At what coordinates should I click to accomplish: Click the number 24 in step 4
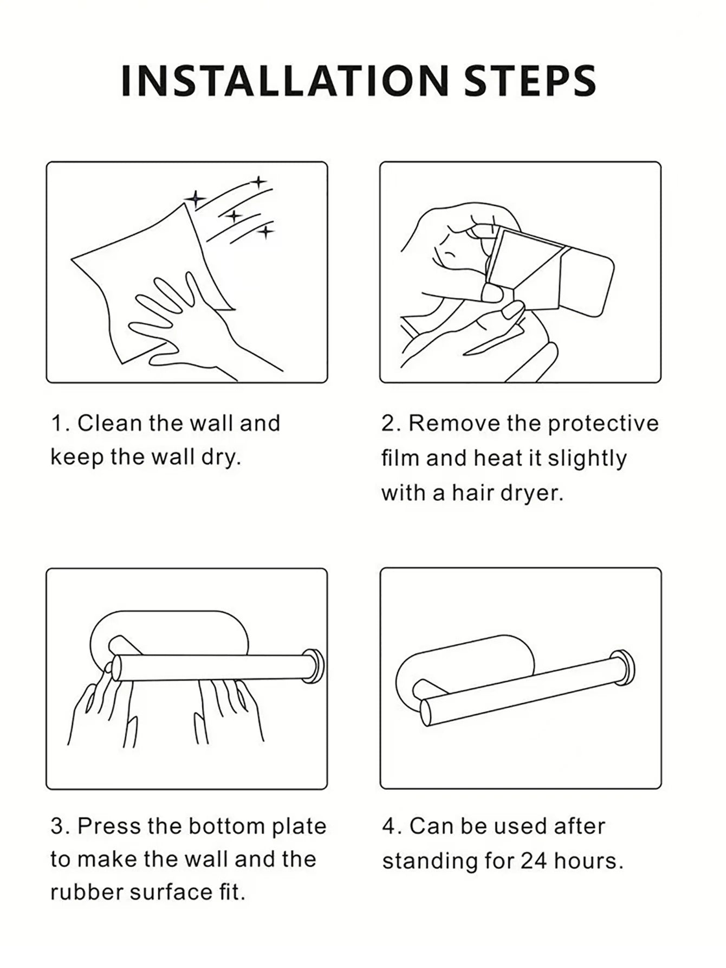click(x=534, y=861)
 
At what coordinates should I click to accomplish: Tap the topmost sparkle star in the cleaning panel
click(x=259, y=182)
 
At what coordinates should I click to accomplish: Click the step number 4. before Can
click(x=391, y=826)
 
